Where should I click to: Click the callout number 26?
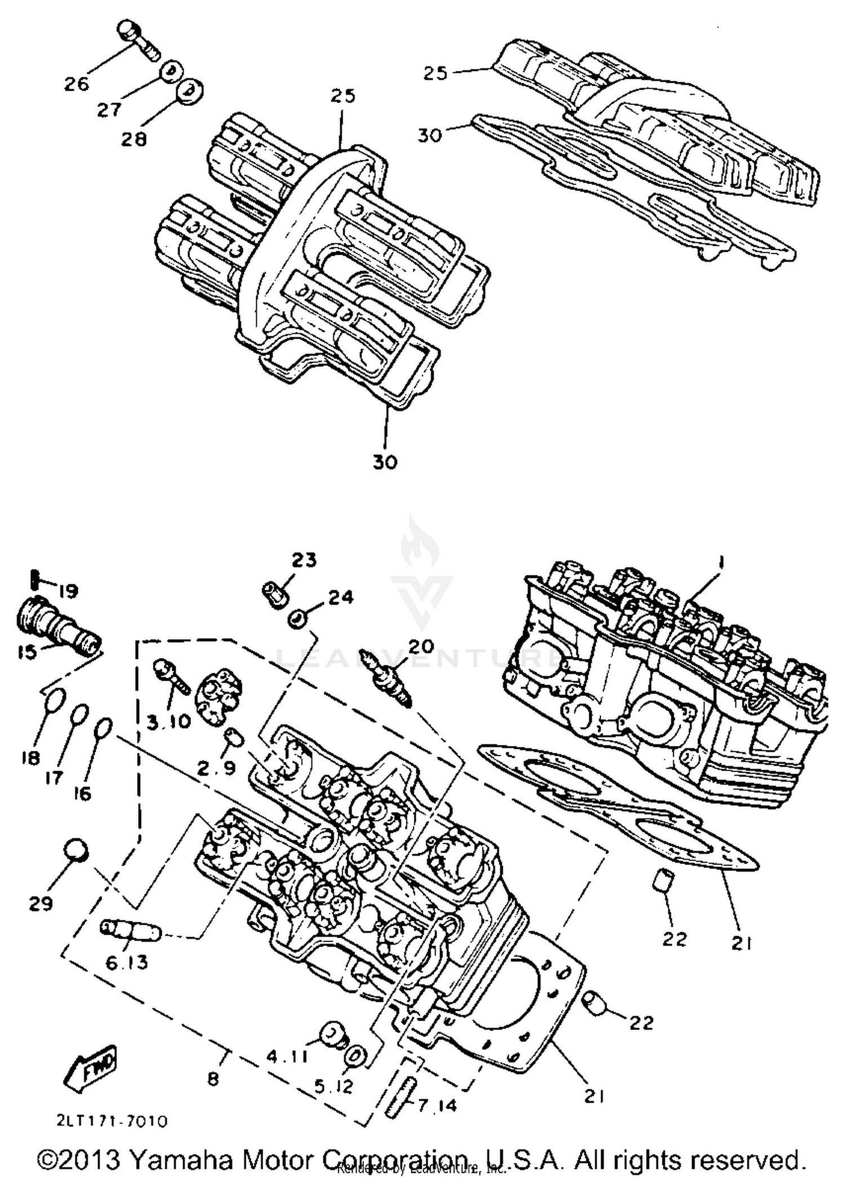point(77,84)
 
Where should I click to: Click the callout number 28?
point(134,139)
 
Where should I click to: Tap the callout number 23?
point(304,560)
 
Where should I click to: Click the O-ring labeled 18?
point(55,702)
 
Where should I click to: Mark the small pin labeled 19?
point(34,578)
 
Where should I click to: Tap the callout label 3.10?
point(170,721)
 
